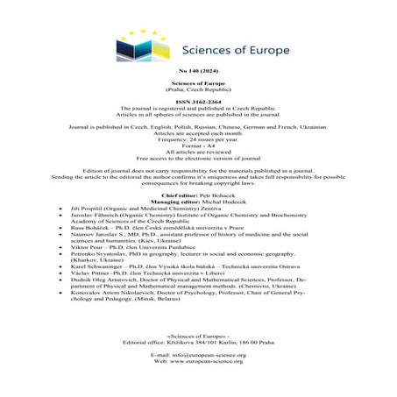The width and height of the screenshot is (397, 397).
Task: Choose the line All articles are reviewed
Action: click(197, 160)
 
